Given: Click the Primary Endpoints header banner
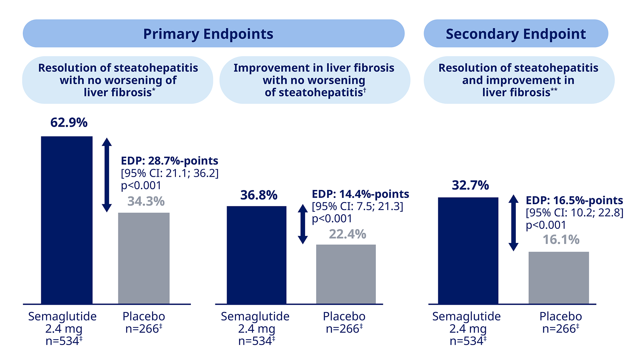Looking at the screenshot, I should click(213, 33).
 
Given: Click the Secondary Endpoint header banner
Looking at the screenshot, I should click(515, 33).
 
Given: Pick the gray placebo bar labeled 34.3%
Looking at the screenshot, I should click(144, 258).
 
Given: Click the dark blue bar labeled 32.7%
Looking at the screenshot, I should click(468, 250).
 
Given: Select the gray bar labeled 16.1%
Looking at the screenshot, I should click(558, 277).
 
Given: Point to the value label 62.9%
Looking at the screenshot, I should click(69, 122).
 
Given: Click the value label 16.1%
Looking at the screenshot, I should click(561, 240).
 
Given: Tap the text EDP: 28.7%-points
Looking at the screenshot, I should click(170, 161).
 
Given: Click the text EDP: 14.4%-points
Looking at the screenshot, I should click(360, 194).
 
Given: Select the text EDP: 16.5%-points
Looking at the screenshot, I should click(574, 200).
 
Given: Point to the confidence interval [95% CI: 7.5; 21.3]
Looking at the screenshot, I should click(357, 206).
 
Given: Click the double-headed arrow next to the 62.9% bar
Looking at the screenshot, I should click(107, 175).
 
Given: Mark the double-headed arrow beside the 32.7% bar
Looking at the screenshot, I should click(514, 223).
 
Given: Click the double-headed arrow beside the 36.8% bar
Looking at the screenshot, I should click(303, 224).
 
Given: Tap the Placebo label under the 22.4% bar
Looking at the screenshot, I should click(344, 316).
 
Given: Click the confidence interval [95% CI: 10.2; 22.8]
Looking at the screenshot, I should click(574, 212).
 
